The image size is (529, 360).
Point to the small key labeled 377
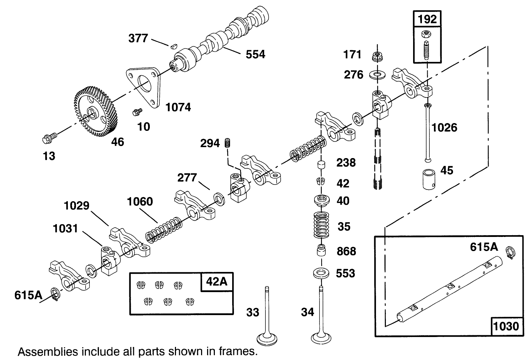click(x=173, y=45)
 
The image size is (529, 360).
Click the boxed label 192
click(x=427, y=19)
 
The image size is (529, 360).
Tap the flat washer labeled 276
click(x=377, y=75)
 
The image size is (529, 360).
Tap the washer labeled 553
click(x=321, y=273)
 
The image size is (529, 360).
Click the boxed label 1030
click(x=506, y=325)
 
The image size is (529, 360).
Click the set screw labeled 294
click(x=227, y=143)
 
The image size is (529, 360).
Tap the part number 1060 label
click(x=140, y=202)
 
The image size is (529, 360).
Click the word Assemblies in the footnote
click(x=48, y=352)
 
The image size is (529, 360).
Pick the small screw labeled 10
click(x=136, y=112)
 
